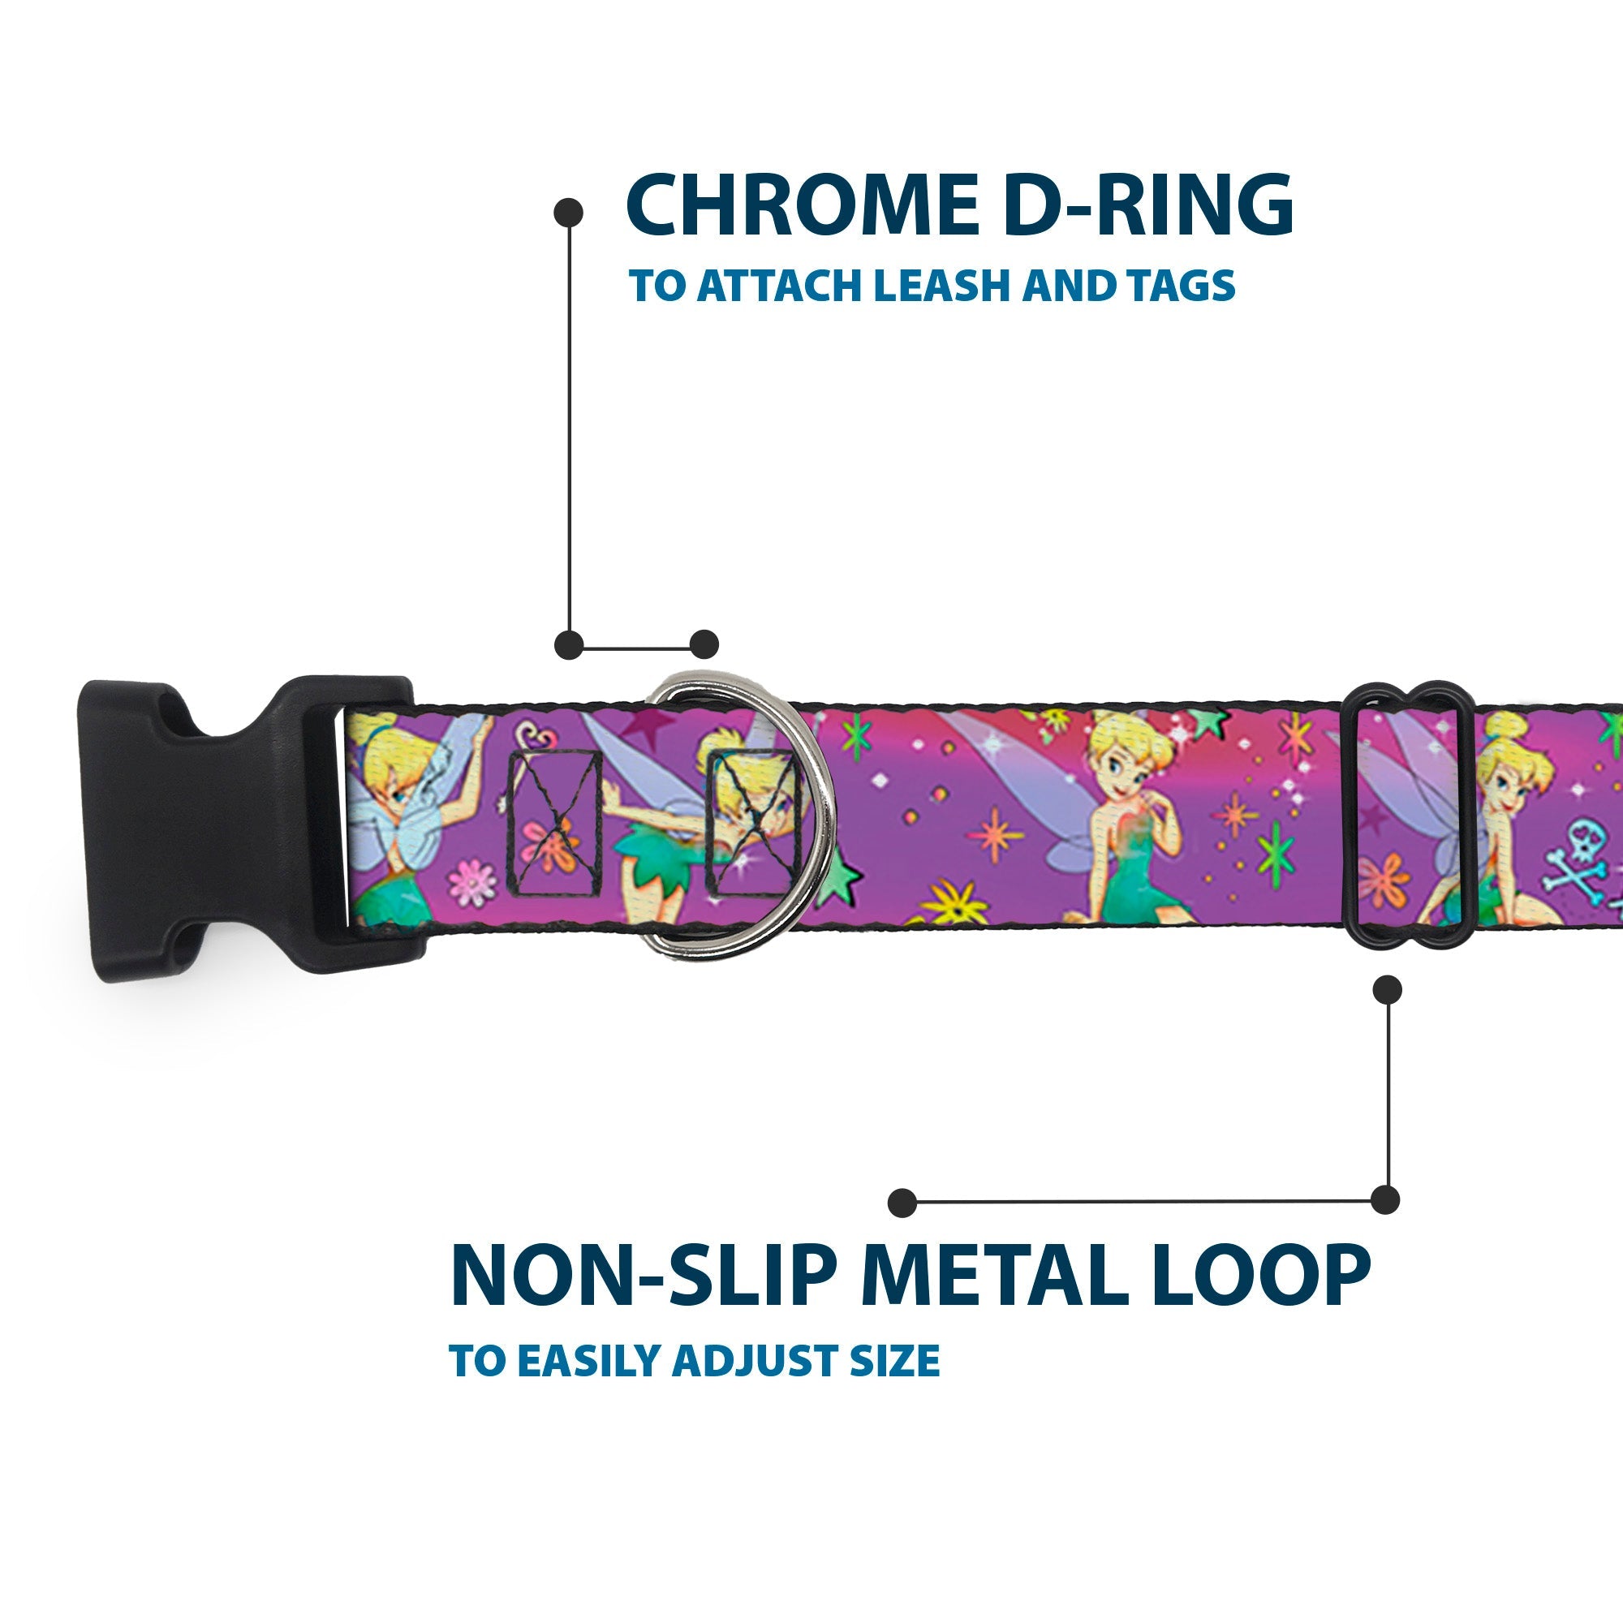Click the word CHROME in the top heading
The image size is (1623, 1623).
tap(802, 206)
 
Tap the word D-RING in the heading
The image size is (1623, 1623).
tap(1147, 206)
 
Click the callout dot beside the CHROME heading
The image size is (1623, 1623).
tap(569, 212)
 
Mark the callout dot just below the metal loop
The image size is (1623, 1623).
tap(1387, 989)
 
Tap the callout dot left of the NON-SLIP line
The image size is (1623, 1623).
tap(902, 1202)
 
